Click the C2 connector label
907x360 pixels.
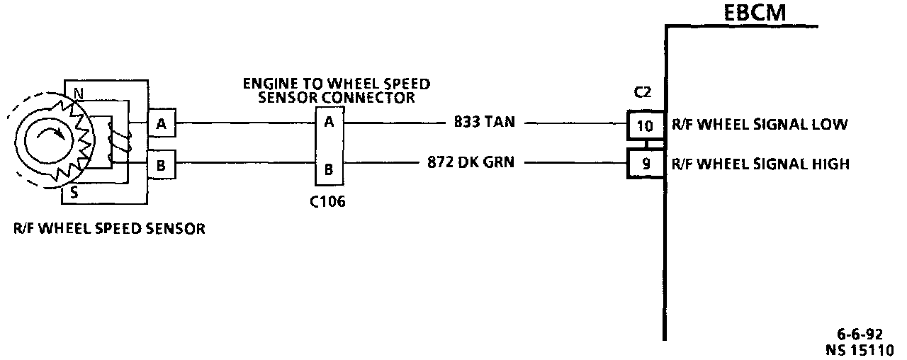(x=643, y=93)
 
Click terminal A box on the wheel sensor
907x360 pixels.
(x=162, y=125)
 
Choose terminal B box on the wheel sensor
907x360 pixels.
(x=162, y=167)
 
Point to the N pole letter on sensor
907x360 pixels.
(x=78, y=93)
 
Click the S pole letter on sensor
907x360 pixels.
(x=74, y=190)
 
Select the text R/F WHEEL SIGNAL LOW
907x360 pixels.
(x=759, y=125)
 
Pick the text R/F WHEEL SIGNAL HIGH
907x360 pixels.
(x=760, y=164)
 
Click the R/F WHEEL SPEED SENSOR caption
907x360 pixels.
(x=109, y=229)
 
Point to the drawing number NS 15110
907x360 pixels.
(x=859, y=349)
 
